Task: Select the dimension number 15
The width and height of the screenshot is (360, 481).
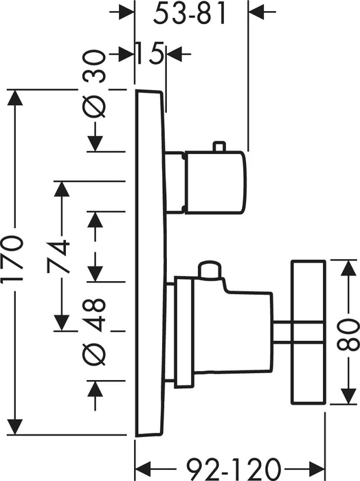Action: click(x=149, y=54)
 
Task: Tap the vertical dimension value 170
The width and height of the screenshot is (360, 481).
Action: click(x=12, y=258)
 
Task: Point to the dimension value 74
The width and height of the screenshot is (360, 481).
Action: click(x=58, y=256)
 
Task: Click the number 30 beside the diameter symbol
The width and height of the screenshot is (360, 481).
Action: click(x=94, y=67)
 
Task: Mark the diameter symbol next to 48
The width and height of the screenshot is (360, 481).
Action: click(x=94, y=353)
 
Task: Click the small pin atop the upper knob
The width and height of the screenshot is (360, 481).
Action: click(x=220, y=146)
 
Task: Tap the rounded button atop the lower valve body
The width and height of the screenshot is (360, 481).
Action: click(x=210, y=270)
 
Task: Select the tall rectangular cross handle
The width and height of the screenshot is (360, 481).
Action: click(x=308, y=331)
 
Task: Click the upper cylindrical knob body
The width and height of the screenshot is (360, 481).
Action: click(x=216, y=182)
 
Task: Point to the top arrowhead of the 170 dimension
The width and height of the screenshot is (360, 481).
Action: click(x=15, y=98)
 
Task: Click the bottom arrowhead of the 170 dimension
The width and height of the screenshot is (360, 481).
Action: click(x=15, y=427)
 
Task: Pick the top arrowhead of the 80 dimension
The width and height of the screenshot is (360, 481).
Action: click(x=348, y=268)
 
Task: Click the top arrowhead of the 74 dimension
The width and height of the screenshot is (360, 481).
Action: click(x=61, y=189)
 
